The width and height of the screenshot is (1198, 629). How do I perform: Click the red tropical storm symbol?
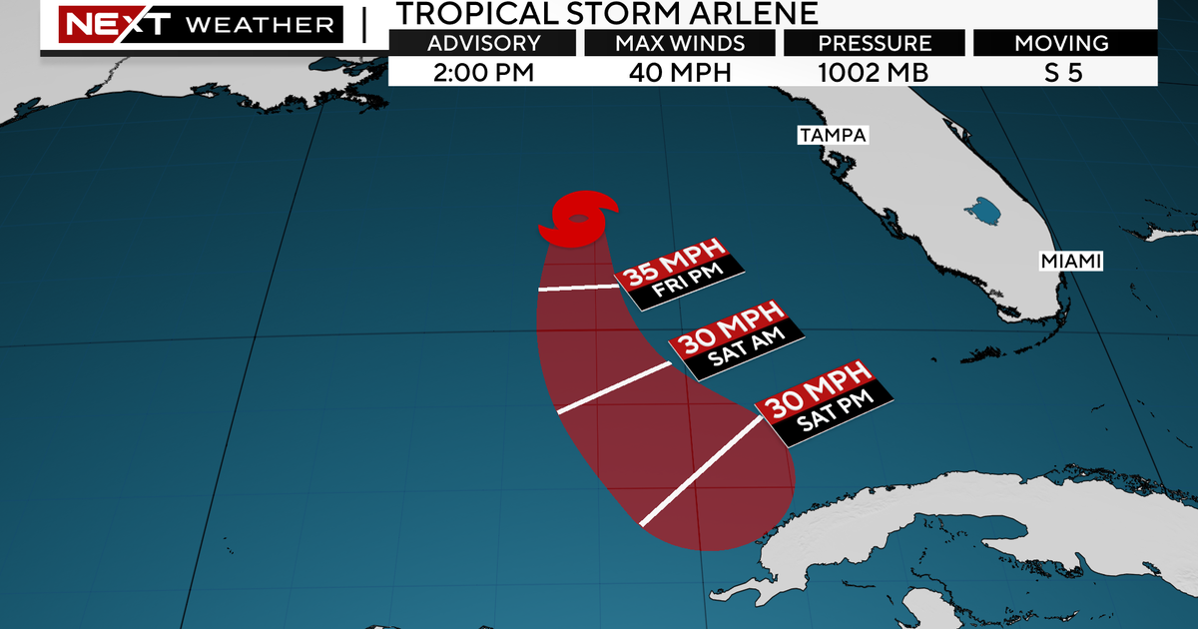tap(578, 220)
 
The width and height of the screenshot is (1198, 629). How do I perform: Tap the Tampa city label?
tap(832, 135)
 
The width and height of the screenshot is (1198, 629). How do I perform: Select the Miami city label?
tap(1070, 261)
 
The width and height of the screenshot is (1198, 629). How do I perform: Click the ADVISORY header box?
tap(483, 44)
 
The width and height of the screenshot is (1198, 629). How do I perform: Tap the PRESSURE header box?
tap(875, 44)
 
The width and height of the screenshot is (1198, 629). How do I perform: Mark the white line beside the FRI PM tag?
tap(578, 288)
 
